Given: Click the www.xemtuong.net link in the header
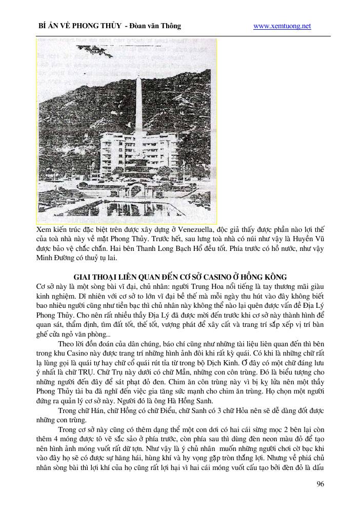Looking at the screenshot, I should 282,26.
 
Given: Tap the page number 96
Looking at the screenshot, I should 320,484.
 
